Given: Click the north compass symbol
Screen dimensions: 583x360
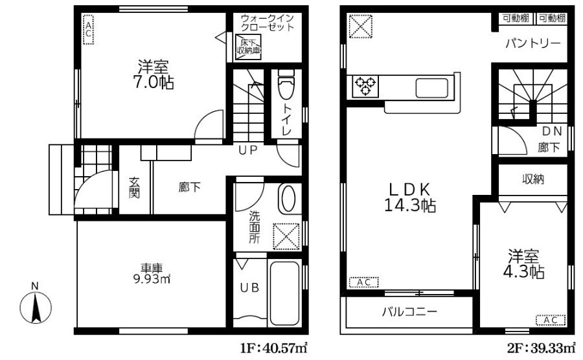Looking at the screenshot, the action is tap(36, 307).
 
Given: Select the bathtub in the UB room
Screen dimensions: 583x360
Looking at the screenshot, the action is tap(284, 293).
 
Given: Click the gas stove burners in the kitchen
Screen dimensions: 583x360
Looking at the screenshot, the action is tap(365, 86).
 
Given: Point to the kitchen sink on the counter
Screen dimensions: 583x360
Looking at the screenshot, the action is tap(431, 88).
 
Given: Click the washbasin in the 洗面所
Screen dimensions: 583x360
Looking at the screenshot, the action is tap(289, 199).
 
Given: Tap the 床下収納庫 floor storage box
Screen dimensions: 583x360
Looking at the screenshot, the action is tap(248, 47).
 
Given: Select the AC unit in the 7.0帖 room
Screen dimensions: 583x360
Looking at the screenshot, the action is tap(89, 29).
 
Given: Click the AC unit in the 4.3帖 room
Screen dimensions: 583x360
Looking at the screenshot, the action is tap(551, 320).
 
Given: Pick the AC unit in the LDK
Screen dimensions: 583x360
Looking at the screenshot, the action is tap(363, 282).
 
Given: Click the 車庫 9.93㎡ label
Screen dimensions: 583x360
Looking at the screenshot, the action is tap(152, 273).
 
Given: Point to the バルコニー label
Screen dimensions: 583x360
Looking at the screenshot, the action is tap(409, 311).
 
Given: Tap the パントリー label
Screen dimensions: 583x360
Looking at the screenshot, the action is tap(533, 43).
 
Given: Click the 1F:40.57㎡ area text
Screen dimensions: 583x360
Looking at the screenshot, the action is tap(274, 348).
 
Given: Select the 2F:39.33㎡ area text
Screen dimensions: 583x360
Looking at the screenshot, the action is tap(541, 348).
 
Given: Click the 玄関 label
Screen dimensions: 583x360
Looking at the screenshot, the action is tap(134, 187).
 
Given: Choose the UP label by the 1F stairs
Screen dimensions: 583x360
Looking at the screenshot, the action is tap(247, 150).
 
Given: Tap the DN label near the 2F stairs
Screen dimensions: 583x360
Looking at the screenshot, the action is tap(552, 131).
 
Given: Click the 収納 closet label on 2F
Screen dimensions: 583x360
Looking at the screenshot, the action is tap(533, 179).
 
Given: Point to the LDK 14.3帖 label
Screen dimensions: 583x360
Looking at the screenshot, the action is tap(410, 197).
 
